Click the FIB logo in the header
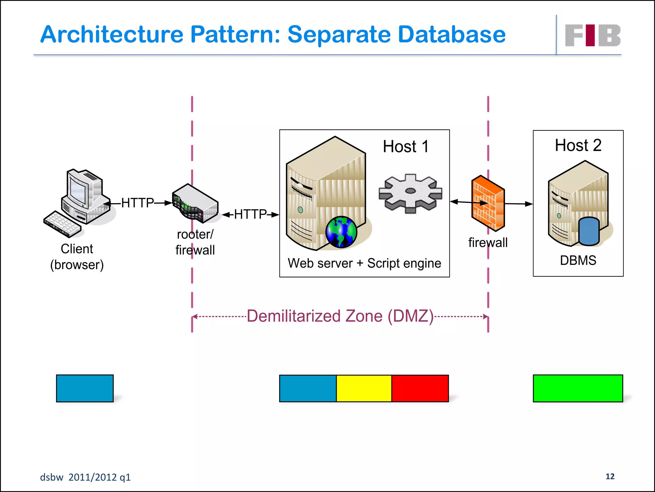pyautogui.click(x=592, y=35)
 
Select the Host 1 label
pyautogui.click(x=406, y=147)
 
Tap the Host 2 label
pyautogui.click(x=578, y=145)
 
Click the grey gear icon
pyautogui.click(x=410, y=193)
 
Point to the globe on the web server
pyautogui.click(x=341, y=232)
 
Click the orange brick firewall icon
pyautogui.click(x=488, y=203)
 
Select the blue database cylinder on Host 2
pyautogui.click(x=589, y=231)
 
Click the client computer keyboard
pyautogui.click(x=62, y=224)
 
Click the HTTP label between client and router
pyautogui.click(x=138, y=203)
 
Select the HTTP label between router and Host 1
pyautogui.click(x=250, y=214)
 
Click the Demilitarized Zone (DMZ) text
pyautogui.click(x=340, y=316)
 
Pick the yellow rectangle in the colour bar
pyautogui.click(x=364, y=388)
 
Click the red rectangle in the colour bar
pyautogui.click(x=420, y=388)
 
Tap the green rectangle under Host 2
pyautogui.click(x=578, y=388)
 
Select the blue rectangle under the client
pyautogui.click(x=85, y=388)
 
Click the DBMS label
pyautogui.click(x=578, y=260)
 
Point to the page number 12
pyautogui.click(x=610, y=476)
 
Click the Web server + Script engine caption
pyautogui.click(x=364, y=263)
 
